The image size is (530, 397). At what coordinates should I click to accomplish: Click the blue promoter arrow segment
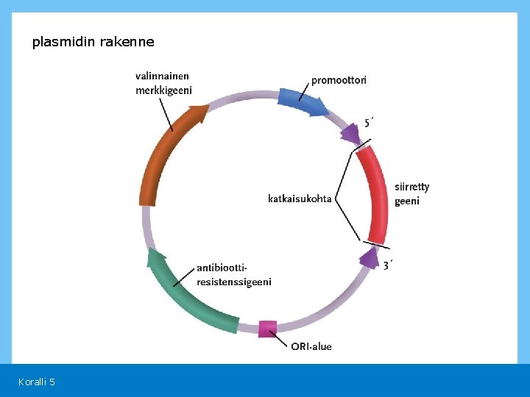(302, 103)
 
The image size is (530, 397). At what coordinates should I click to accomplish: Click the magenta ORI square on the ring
(268, 329)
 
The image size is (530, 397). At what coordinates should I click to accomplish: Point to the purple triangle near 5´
(350, 134)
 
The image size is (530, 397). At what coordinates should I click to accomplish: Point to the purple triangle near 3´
(368, 257)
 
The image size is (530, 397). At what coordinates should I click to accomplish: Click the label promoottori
(339, 80)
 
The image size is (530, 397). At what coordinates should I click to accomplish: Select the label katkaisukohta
(300, 198)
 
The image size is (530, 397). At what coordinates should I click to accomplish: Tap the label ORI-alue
(311, 346)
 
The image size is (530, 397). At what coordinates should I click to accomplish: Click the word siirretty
(411, 187)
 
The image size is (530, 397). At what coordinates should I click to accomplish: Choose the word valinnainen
(162, 76)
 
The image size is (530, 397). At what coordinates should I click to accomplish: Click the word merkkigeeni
(163, 90)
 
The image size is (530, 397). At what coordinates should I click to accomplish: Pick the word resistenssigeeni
(234, 282)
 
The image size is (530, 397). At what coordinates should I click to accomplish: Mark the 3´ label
(388, 265)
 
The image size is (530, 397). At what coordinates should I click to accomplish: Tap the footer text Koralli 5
(37, 382)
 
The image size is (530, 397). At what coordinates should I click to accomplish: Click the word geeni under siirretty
(407, 201)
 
